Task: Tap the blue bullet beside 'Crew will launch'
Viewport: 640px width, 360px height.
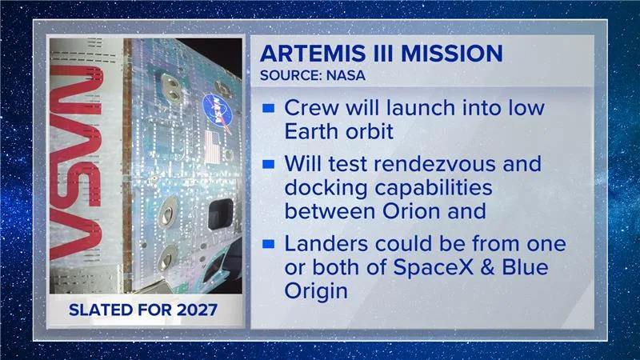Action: tap(269, 107)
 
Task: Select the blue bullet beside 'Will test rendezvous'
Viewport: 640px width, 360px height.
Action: tap(269, 165)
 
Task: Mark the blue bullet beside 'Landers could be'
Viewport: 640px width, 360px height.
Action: tap(269, 243)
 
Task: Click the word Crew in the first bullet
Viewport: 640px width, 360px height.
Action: tap(310, 107)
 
